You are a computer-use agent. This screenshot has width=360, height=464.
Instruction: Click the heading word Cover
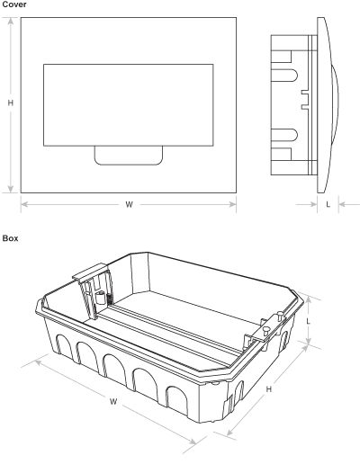[14, 4]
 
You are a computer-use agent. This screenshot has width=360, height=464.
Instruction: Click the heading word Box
[10, 238]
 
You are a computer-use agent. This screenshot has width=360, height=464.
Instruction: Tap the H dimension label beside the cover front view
[11, 103]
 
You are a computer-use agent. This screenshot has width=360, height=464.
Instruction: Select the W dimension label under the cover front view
[129, 205]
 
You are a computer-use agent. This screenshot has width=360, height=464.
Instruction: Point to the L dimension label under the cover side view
[328, 204]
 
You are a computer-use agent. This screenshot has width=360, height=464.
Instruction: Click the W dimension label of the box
[113, 402]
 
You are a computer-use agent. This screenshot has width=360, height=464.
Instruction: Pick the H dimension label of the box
[269, 389]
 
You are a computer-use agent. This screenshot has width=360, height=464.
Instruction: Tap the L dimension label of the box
[308, 321]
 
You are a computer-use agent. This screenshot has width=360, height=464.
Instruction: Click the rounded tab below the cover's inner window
[129, 156]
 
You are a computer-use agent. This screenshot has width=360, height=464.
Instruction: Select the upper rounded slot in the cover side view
[284, 76]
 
